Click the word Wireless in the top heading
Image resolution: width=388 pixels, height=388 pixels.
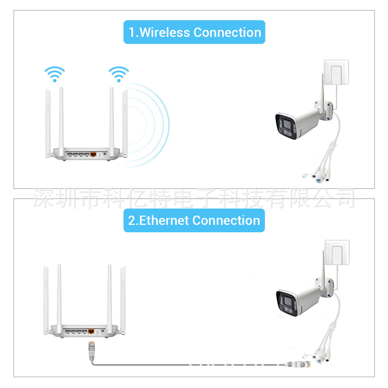click(165, 33)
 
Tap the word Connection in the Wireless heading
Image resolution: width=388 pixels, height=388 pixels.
click(227, 33)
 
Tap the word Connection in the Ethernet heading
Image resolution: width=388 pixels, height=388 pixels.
click(226, 220)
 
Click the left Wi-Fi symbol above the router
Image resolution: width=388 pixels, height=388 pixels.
click(55, 74)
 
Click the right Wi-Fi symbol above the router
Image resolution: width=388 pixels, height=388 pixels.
click(119, 74)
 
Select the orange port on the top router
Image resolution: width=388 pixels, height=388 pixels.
click(93, 154)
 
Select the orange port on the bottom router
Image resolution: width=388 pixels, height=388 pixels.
click(91, 331)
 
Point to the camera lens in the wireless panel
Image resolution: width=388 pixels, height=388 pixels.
click(287, 124)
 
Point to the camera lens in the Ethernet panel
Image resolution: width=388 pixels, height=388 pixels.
click(287, 301)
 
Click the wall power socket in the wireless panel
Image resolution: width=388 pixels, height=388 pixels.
click(336, 72)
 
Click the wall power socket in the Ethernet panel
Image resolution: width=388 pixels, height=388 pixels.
click(337, 253)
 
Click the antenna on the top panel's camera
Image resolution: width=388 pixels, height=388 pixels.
click(322, 93)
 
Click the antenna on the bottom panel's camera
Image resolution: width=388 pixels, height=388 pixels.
click(323, 270)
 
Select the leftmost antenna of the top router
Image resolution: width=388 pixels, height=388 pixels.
click(48, 123)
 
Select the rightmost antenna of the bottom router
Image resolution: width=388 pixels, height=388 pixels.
click(123, 300)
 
